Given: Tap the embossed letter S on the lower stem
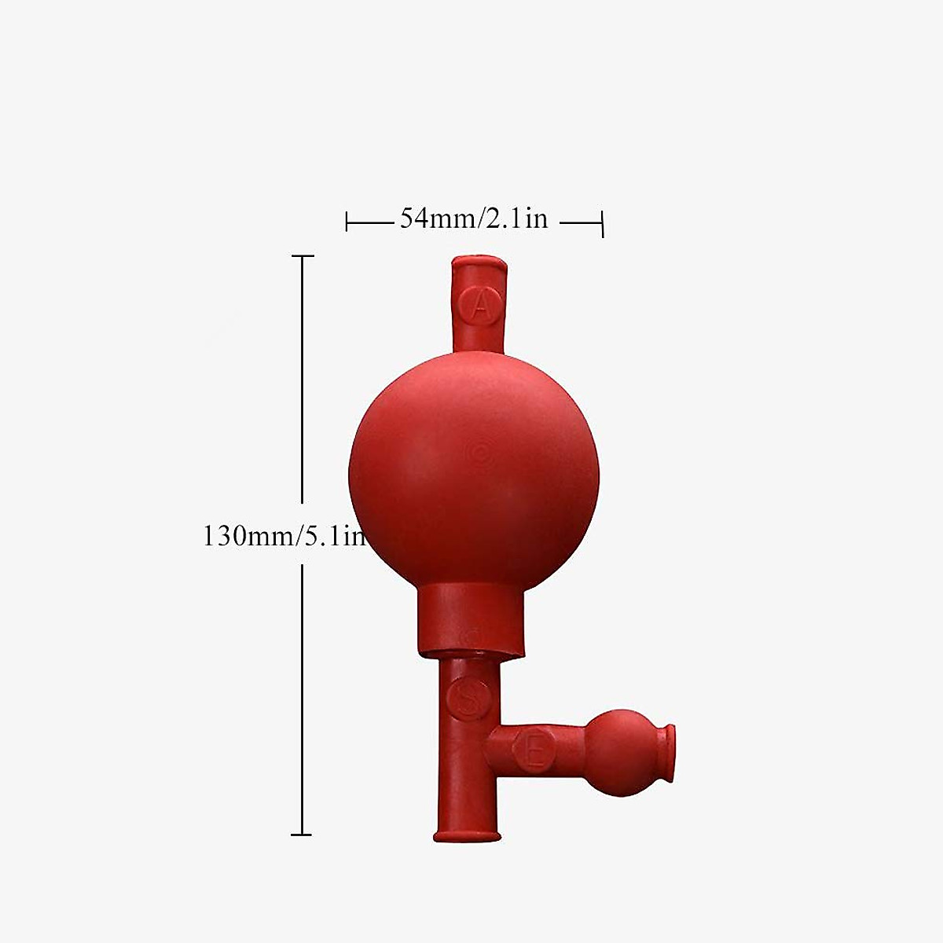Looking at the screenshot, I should (x=465, y=698).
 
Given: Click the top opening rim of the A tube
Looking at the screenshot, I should (x=479, y=260).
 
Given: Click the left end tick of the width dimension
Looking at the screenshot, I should (x=347, y=222).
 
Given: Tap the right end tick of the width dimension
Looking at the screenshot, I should (x=603, y=223).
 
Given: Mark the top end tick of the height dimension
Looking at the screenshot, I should (x=303, y=256).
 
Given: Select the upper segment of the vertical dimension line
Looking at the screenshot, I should (x=303, y=377).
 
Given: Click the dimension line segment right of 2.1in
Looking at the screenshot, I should (x=580, y=223).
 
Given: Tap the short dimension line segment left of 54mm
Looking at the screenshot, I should (x=369, y=223).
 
